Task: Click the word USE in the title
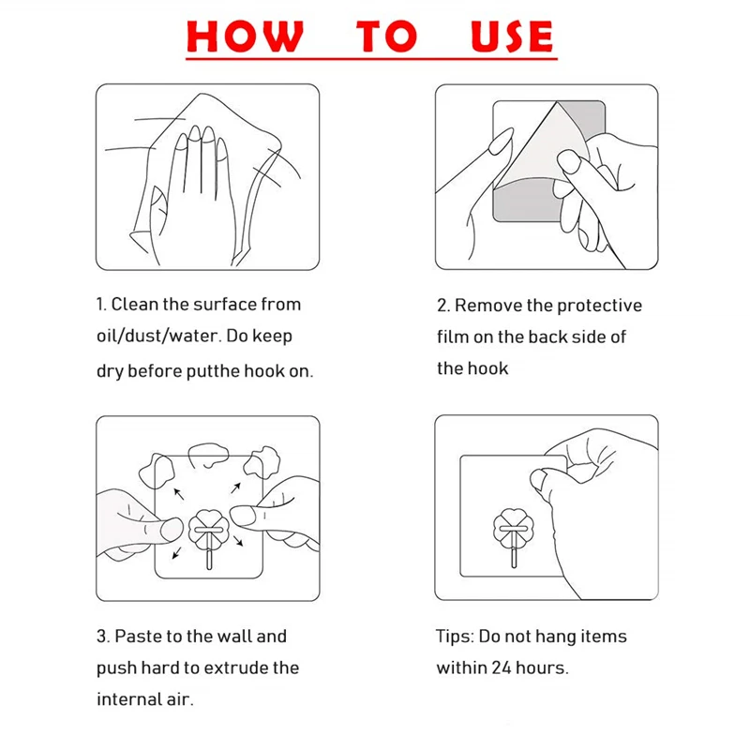[x=511, y=37]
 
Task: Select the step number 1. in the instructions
[x=102, y=305]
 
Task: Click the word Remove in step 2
[x=488, y=306]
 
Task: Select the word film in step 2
[x=452, y=337]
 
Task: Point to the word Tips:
[x=455, y=637]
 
